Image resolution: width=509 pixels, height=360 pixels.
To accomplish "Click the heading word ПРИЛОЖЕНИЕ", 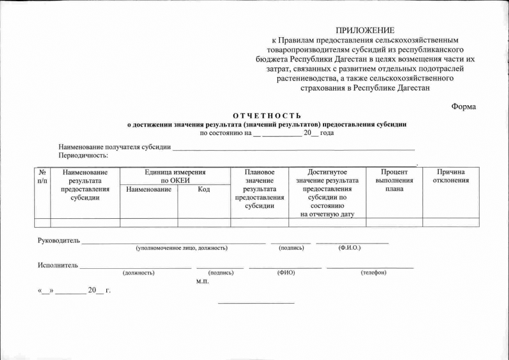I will point(365,30).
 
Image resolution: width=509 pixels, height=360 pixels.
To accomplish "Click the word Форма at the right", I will point(464,107).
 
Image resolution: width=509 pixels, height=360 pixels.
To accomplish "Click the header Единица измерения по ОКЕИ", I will point(175,176).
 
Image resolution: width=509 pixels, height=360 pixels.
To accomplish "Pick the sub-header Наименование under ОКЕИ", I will point(149,190).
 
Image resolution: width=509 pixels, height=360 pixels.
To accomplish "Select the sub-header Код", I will point(204,190).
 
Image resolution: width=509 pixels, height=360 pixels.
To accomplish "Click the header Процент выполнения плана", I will point(394,180).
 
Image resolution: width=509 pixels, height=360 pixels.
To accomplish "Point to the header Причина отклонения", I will point(451,176).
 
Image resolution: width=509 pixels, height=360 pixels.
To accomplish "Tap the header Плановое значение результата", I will point(259,188).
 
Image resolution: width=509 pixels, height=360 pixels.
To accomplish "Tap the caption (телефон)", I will point(373,273).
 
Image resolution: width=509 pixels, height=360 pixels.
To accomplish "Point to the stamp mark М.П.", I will point(202,281).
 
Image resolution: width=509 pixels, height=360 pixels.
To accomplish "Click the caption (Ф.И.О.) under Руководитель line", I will point(349,248).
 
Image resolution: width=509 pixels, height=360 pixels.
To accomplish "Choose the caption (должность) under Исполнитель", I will point(138,273).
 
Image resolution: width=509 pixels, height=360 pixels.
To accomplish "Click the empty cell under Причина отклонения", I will point(451,222).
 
